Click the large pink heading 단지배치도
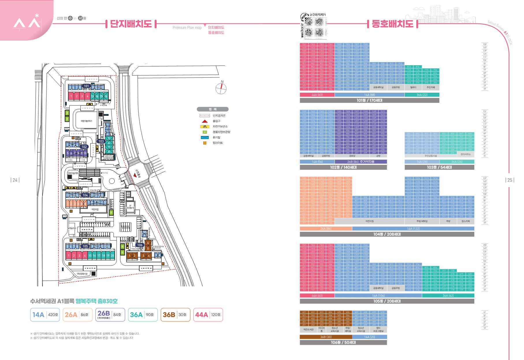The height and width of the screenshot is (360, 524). [x=131, y=24]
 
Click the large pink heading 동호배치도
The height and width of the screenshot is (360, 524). [x=392, y=24]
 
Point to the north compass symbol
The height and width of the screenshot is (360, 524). [x=221, y=88]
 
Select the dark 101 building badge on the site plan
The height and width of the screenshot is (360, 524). [x=86, y=86]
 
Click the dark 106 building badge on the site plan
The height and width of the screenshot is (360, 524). [x=140, y=245]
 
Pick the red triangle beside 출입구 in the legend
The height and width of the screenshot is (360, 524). [x=205, y=121]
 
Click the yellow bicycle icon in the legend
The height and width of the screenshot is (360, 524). [x=205, y=126]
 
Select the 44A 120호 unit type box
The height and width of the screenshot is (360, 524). [x=208, y=315]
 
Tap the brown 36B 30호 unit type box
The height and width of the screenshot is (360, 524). [x=175, y=315]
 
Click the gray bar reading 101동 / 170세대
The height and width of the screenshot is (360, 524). [x=369, y=100]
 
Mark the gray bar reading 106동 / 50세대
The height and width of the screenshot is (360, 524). [x=343, y=342]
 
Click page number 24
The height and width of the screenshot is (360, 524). [x=15, y=180]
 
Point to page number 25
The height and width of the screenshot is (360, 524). [x=510, y=180]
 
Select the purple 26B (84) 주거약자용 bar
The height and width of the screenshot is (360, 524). [x=361, y=162]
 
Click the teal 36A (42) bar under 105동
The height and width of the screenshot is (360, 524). [x=448, y=296]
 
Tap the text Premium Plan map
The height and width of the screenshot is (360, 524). [x=187, y=28]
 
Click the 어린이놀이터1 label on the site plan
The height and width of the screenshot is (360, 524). [x=86, y=121]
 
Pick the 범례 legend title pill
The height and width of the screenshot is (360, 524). [x=213, y=109]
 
